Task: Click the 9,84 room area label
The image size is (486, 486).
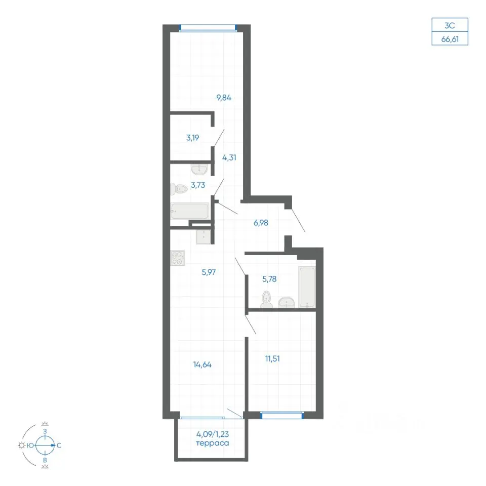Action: pos(224,98)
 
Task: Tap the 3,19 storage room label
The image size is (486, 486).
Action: pos(192,138)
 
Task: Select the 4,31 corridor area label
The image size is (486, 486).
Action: pos(229,157)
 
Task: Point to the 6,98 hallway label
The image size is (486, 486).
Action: pos(261,223)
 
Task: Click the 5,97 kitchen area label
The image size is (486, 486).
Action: pos(209,272)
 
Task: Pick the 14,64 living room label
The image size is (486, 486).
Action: pos(202,364)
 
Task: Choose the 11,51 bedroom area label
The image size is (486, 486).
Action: pos(272,358)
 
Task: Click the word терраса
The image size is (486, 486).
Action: pos(213,443)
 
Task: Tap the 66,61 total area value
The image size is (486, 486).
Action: pos(450,39)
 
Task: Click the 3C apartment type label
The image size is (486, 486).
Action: pos(450,25)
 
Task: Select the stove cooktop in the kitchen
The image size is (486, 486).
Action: pos(178,258)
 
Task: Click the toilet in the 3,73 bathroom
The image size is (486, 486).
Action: pos(179,189)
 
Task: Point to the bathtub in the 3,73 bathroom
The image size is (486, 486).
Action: pos(189,211)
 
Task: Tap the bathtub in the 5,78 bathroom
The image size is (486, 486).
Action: pos(307,287)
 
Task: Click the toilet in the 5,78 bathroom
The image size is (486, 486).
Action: pos(266,299)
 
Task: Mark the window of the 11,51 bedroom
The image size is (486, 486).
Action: pos(282,415)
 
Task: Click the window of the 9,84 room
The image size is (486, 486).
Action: pos(208,28)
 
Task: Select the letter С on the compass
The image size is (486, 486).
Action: pos(59,445)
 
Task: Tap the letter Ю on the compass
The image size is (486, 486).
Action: pos(30,445)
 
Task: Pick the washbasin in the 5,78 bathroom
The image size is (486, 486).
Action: pos(287,302)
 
